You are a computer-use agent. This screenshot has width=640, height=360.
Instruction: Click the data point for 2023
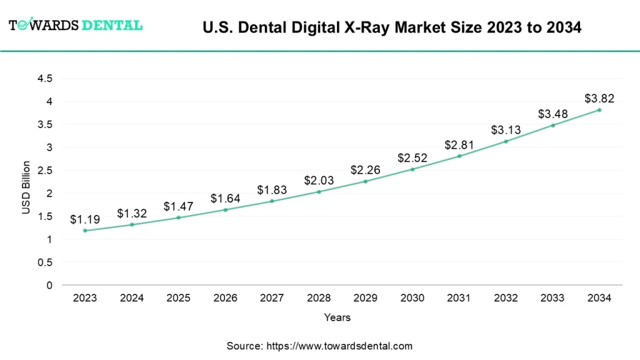85,231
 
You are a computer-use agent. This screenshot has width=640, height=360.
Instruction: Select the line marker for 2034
599,110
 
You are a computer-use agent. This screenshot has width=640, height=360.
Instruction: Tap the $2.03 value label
319,181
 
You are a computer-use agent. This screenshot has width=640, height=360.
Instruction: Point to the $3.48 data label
552,114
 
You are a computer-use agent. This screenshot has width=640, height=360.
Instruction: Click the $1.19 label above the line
85,219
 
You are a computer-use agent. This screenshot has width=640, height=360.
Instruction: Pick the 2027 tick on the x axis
272,298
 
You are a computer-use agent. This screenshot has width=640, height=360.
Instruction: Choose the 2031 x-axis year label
459,298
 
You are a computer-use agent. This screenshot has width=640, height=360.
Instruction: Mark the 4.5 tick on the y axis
45,79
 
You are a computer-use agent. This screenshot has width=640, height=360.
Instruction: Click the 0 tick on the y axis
49,286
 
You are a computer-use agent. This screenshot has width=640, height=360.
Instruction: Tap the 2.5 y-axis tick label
45,171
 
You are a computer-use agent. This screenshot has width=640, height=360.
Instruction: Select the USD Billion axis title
26,187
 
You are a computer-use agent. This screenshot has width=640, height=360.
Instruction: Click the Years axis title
337,317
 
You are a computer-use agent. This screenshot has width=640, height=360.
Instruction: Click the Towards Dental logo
76,26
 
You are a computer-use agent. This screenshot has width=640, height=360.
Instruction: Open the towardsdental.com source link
339,346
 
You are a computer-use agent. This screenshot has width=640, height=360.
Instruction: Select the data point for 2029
366,181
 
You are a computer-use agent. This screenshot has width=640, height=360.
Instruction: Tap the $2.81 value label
459,145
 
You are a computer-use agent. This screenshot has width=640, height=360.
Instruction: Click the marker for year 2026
225,209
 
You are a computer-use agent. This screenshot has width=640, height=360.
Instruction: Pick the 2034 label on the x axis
599,298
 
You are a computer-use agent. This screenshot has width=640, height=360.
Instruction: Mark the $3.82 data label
599,99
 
